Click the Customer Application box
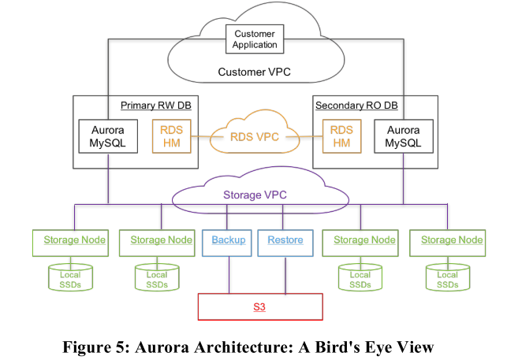(x=255, y=39)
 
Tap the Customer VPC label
(x=254, y=72)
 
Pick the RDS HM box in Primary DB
(x=171, y=136)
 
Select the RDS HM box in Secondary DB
(x=341, y=136)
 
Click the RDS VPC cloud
(x=254, y=135)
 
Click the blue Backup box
(x=229, y=240)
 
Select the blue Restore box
(x=285, y=240)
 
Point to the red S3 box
(x=259, y=306)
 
